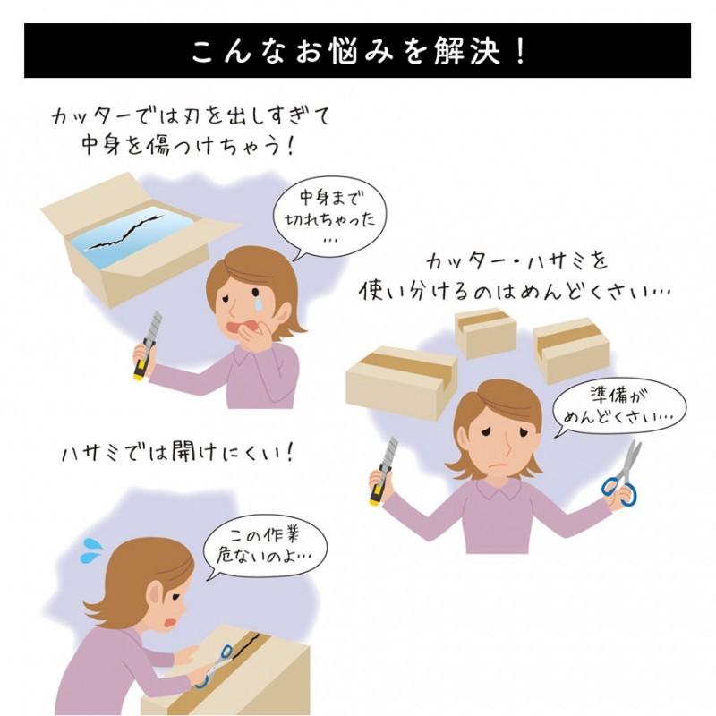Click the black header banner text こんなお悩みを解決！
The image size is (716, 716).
click(358, 52)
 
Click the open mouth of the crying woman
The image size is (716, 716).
click(238, 330)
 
